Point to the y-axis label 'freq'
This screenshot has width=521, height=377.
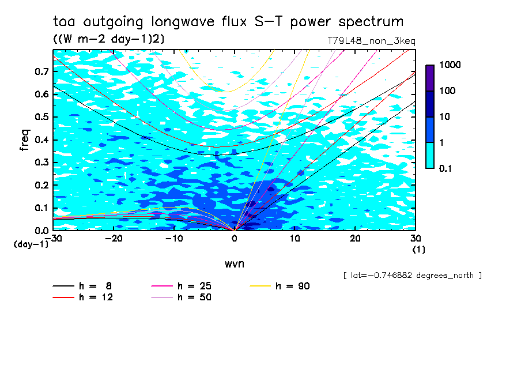25,140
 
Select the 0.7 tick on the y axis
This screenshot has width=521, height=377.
41,71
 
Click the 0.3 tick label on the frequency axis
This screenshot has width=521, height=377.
41,163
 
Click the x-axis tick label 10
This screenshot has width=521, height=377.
295,239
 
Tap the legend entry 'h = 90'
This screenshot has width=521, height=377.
293,286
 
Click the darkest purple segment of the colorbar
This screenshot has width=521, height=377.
429,78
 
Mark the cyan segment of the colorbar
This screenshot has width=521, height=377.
429,155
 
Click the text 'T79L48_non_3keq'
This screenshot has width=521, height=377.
371,41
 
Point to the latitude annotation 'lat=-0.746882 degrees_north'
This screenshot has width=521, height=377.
412,276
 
